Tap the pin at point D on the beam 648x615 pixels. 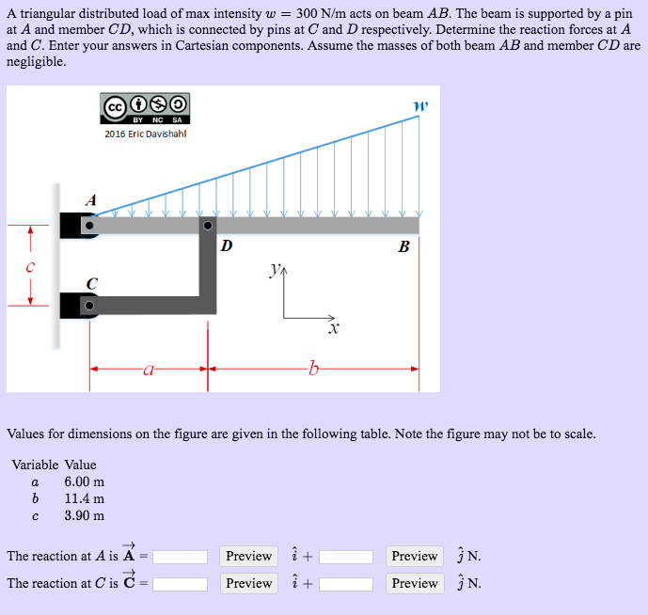[207, 226]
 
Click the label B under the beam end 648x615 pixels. [403, 248]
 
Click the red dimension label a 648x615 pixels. [149, 371]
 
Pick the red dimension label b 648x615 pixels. [313, 370]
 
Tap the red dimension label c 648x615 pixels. [30, 266]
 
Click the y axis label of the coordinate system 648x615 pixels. [274, 271]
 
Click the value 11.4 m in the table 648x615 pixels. [84, 498]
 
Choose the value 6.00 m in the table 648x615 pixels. [84, 481]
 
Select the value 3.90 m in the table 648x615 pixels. [84, 515]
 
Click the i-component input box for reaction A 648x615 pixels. [181, 556]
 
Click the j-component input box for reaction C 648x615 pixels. [345, 583]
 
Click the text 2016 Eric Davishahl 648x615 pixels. [145, 134]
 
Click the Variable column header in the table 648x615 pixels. [35, 465]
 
